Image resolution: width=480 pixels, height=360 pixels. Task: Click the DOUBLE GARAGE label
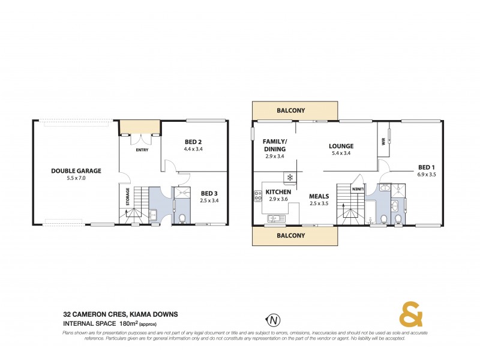76,171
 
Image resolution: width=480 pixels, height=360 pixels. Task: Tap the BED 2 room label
192,142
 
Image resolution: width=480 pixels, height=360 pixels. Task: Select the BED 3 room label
209,193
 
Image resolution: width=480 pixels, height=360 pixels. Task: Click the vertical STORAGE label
127,197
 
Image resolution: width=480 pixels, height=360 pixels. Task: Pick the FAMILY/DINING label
274,145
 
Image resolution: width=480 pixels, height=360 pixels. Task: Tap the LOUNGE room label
341,146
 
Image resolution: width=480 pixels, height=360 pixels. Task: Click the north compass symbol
274,319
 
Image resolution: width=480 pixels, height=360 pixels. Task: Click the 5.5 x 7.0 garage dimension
76,178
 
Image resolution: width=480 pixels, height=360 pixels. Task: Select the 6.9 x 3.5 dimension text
427,175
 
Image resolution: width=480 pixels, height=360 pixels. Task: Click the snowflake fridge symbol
290,178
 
